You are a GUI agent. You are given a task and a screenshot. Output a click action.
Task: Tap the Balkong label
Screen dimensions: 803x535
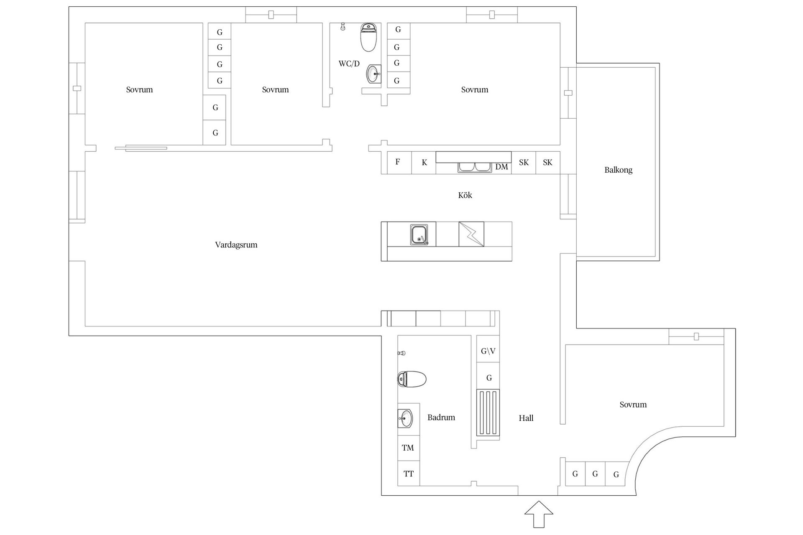point(618,170)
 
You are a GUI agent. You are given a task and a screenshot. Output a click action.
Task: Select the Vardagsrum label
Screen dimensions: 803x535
point(236,245)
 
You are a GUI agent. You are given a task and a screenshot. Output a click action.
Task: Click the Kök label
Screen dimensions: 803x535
point(465,195)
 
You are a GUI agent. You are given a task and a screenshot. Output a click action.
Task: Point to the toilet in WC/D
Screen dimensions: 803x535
point(368,37)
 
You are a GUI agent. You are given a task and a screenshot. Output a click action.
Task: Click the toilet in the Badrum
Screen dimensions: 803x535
point(412,379)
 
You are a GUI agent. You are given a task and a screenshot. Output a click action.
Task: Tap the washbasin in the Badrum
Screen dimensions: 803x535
point(405,418)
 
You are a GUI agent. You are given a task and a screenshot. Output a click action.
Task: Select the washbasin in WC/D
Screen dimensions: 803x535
point(374,74)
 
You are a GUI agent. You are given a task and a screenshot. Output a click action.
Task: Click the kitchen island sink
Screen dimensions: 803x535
point(419,235)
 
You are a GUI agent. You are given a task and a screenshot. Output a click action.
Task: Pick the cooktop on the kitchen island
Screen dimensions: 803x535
point(471,234)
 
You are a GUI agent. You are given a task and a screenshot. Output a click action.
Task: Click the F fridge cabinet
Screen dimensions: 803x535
point(397,163)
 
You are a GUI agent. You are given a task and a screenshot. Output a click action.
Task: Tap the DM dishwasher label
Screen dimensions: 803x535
point(501,167)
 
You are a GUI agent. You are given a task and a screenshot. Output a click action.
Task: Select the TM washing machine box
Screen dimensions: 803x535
point(408,448)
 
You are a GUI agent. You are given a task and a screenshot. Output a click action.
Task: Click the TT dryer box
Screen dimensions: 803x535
point(408,474)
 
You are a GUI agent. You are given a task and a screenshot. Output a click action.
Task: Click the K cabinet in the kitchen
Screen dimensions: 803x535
point(424,163)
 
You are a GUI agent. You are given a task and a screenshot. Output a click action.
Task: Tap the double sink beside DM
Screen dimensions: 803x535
point(475,168)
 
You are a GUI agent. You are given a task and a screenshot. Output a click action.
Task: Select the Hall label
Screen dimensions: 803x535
point(526,418)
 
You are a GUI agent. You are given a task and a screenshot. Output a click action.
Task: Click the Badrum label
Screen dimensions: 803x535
point(441,417)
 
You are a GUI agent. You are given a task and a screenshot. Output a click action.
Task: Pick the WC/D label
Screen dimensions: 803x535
point(349,64)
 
